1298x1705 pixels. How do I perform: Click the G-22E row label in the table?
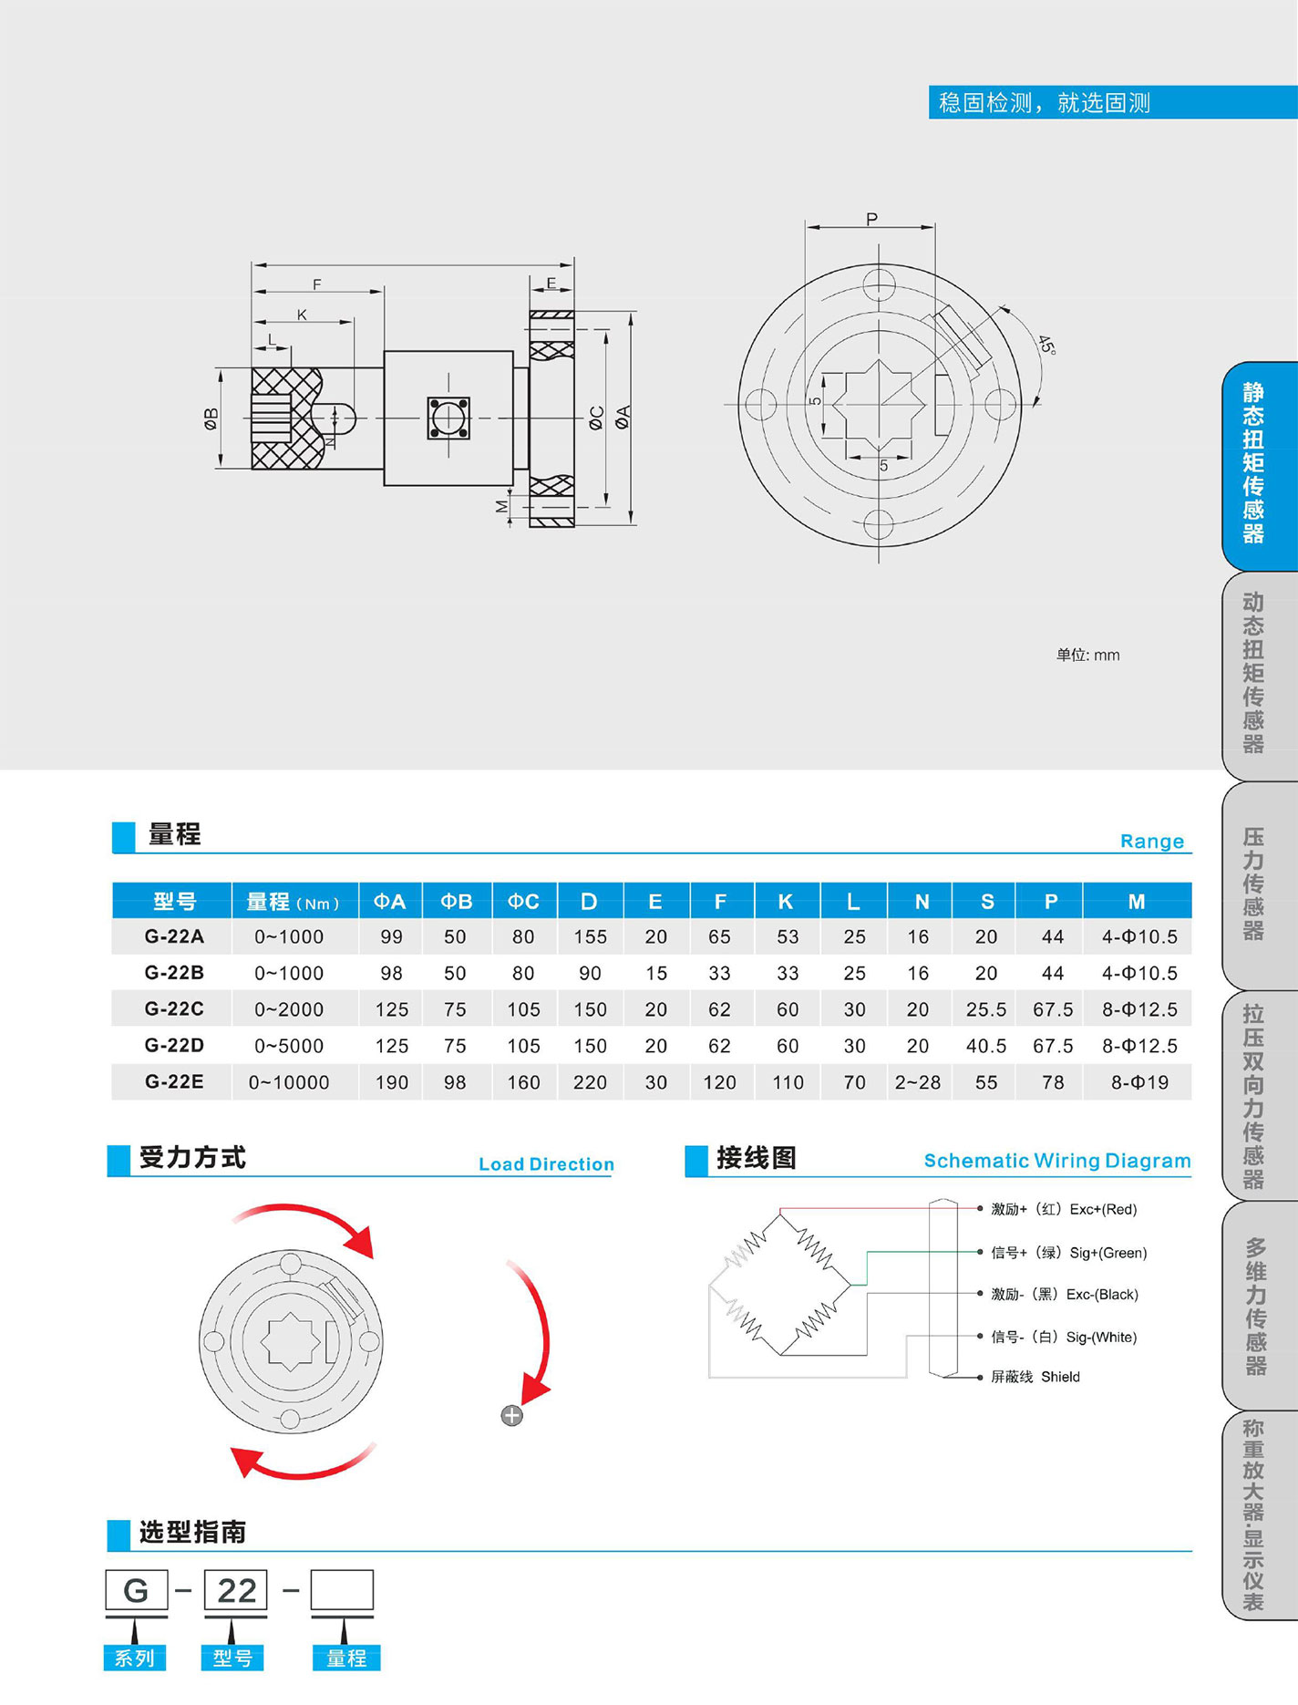(173, 1081)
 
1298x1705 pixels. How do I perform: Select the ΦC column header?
(523, 901)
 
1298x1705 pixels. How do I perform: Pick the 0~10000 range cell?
(289, 1082)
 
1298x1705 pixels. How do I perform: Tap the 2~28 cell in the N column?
(917, 1082)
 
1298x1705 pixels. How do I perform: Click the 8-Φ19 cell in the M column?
(1138, 1082)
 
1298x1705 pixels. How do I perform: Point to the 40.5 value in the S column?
(985, 1046)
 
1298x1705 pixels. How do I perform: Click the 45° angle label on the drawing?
(1046, 346)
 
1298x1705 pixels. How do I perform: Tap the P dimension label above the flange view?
(871, 219)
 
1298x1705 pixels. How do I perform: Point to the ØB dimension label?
(211, 418)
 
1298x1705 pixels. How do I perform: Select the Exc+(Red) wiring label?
(1103, 1209)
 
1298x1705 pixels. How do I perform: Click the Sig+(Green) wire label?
(1107, 1253)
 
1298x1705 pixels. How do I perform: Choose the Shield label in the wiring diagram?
(1060, 1377)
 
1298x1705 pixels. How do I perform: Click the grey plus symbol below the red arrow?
(512, 1415)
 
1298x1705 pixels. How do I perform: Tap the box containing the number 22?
(236, 1590)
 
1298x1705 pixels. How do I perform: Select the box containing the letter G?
(137, 1590)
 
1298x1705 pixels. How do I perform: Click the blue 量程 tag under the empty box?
(346, 1658)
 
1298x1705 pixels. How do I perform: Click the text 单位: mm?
(1087, 655)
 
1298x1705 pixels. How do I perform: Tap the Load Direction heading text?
(546, 1163)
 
